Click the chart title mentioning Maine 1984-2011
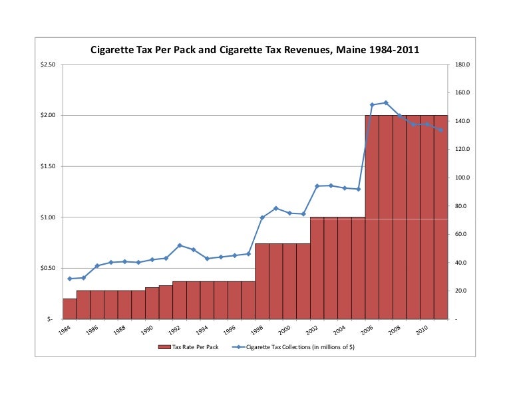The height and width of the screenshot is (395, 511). (x=255, y=49)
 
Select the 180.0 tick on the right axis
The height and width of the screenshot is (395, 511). (x=462, y=65)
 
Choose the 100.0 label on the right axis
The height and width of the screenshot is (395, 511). (x=462, y=178)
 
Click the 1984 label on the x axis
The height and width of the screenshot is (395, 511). (x=64, y=330)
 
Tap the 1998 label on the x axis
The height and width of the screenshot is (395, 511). (x=256, y=330)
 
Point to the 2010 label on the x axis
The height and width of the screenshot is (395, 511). (x=421, y=330)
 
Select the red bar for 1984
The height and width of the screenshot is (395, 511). (x=69, y=309)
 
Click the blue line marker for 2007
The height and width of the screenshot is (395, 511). (x=386, y=103)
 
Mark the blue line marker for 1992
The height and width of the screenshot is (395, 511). (x=180, y=245)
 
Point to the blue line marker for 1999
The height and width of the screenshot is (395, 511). (x=275, y=209)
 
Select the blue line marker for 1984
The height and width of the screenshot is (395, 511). (x=69, y=279)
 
